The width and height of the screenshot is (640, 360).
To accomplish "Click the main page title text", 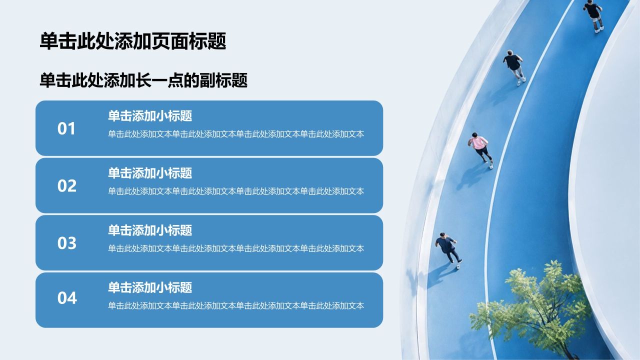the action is coord(133,41).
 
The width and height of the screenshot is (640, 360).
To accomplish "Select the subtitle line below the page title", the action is coord(143,80).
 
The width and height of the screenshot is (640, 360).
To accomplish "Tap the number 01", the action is coord(66,128).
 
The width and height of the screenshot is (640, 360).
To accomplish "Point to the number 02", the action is coord(67,185).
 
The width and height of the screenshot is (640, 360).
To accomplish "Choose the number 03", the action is coord(67,243).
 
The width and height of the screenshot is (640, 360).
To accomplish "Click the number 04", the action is coord(67,297).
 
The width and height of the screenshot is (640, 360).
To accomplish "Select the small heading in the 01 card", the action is coord(150,116).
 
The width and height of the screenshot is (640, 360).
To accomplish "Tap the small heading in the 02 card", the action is coord(150,173).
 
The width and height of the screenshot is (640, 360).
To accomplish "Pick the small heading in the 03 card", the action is coord(150,230).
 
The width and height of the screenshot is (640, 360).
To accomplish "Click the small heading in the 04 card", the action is coord(150,287).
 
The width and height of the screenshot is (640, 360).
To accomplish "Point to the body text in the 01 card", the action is coord(236,134).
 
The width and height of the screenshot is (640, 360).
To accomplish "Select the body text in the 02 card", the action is coord(236,191).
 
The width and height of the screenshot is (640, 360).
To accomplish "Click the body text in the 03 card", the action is coord(236,248).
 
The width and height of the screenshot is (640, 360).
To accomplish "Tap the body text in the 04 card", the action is coord(236,305).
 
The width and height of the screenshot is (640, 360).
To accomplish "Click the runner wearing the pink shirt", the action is coord(480,149).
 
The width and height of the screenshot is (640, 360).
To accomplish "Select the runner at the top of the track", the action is coord(593,15).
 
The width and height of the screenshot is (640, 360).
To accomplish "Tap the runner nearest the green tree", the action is coord(448,250).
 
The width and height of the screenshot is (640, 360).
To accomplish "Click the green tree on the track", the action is coord(531,311).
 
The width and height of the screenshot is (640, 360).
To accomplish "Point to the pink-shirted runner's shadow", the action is coord(471,177).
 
